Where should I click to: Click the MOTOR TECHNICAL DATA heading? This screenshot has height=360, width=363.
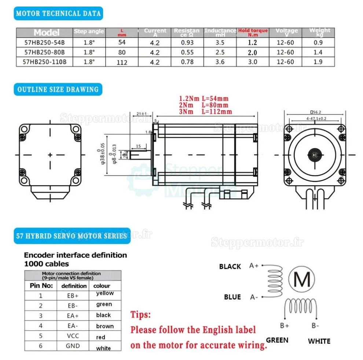tap(58, 14)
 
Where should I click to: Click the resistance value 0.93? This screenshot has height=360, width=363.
tap(187, 42)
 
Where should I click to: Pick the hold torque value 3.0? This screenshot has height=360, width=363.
tap(253, 62)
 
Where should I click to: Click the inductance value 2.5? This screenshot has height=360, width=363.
tap(220, 52)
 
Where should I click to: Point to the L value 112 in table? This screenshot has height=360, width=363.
tap(122, 63)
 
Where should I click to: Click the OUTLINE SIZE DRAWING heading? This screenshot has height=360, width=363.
tap(58, 89)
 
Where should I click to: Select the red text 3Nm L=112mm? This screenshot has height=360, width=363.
tap(205, 112)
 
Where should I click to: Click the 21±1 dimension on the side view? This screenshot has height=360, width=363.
tap(141, 114)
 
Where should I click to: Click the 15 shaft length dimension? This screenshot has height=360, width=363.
tap(138, 146)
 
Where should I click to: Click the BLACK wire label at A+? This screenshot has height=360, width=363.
tap(230, 266)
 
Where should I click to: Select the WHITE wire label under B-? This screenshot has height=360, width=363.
tap(319, 341)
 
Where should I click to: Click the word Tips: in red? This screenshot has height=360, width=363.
tap(140, 315)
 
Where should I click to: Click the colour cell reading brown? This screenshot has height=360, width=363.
tap(104, 326)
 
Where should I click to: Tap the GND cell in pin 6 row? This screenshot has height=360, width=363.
tap(73, 346)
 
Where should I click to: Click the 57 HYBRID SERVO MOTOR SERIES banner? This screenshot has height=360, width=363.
tap(71, 236)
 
